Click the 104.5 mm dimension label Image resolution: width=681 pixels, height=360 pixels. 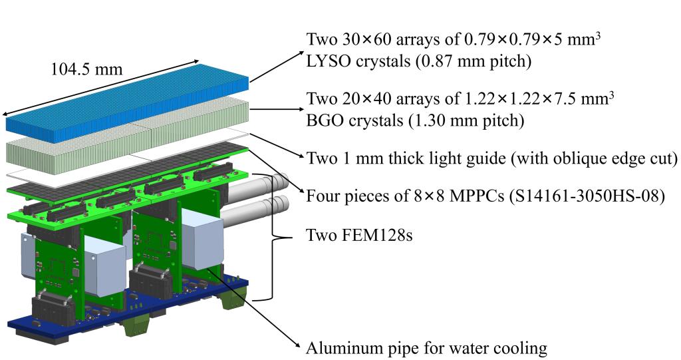86,70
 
